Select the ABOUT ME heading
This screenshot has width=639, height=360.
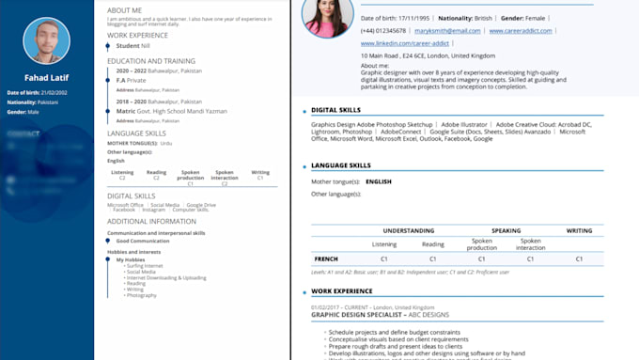click(124, 9)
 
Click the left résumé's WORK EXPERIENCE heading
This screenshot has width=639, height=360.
click(138, 35)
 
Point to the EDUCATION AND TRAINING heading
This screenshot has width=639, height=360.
click(145, 60)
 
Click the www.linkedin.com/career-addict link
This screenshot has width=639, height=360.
click(404, 43)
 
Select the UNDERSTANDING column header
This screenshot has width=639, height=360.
click(408, 230)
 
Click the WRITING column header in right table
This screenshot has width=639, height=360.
click(579, 230)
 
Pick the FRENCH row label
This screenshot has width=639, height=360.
click(325, 258)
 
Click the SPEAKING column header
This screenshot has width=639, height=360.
click(507, 230)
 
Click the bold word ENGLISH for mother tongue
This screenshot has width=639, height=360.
click(379, 181)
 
